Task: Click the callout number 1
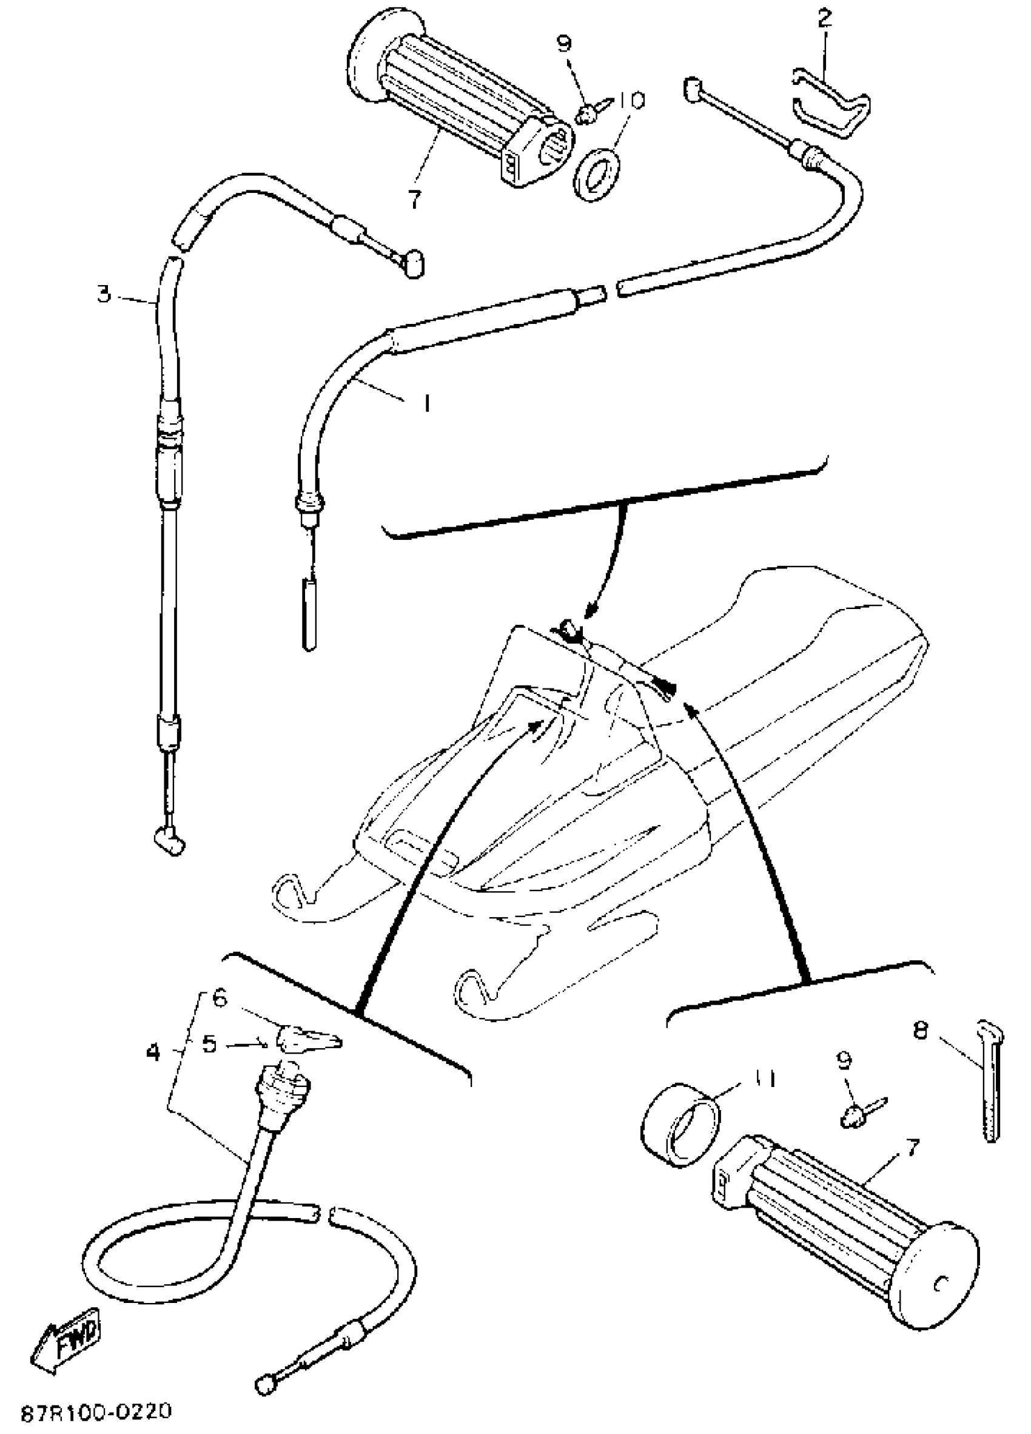pyautogui.click(x=427, y=403)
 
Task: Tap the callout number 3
pyautogui.click(x=104, y=294)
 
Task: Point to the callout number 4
pyautogui.click(x=153, y=1052)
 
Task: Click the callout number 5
pyautogui.click(x=209, y=1044)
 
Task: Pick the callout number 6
pyautogui.click(x=219, y=999)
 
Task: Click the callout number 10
pyautogui.click(x=631, y=102)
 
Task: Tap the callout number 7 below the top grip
pyautogui.click(x=414, y=199)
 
